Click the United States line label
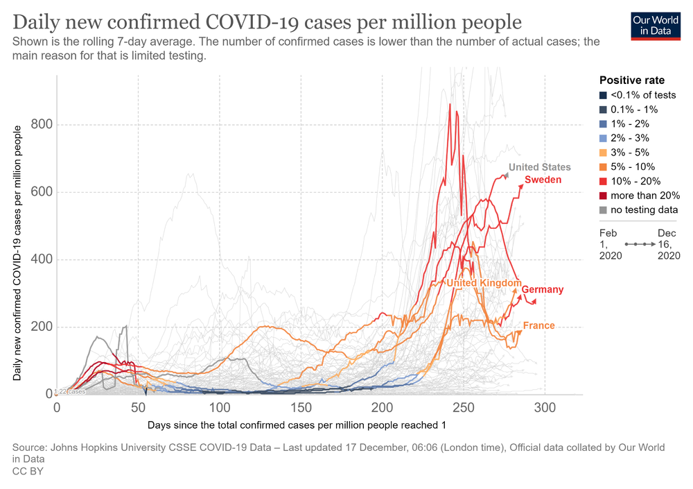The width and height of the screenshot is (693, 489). tap(539, 167)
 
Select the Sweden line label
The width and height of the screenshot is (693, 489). tap(543, 180)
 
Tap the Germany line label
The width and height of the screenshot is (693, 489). tap(543, 289)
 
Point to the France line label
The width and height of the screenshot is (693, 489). tap(538, 325)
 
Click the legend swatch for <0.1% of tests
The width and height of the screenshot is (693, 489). tap(603, 95)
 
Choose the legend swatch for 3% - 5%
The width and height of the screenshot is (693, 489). tap(603, 153)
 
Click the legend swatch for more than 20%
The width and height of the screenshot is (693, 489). tap(603, 196)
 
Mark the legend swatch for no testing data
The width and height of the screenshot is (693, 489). tap(603, 210)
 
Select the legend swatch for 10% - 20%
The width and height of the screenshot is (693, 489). tap(603, 181)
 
